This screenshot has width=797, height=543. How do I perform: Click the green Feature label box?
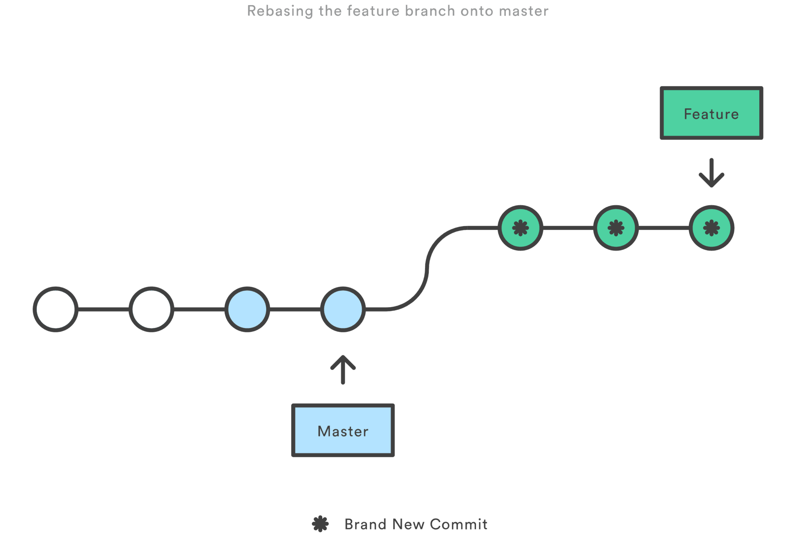pos(711,113)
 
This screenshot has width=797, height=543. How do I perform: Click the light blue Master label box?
pos(343,431)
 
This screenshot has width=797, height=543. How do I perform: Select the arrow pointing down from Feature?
pos(711,173)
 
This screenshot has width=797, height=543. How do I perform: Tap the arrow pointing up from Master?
pos(343,369)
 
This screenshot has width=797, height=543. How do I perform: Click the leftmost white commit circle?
pos(56,309)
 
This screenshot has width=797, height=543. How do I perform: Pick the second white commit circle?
pos(151,309)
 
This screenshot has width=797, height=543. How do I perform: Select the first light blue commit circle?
pos(247,309)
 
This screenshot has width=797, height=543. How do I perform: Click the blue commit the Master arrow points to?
pos(343,309)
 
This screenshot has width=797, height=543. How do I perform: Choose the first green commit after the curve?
pos(520,228)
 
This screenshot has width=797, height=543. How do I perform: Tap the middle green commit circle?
pos(616,228)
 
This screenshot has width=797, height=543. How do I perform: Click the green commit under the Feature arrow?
pos(711,228)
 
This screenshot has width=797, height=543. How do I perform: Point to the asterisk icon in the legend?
pos(320,524)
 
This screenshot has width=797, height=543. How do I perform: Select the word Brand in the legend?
pos(365,524)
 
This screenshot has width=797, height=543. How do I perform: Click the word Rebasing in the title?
pos(280,11)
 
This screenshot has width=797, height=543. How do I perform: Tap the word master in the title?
pos(523,11)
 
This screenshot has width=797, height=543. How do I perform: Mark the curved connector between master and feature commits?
pos(427,269)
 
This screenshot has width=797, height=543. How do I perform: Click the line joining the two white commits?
pos(104,309)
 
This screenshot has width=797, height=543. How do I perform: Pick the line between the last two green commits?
pos(664,228)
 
